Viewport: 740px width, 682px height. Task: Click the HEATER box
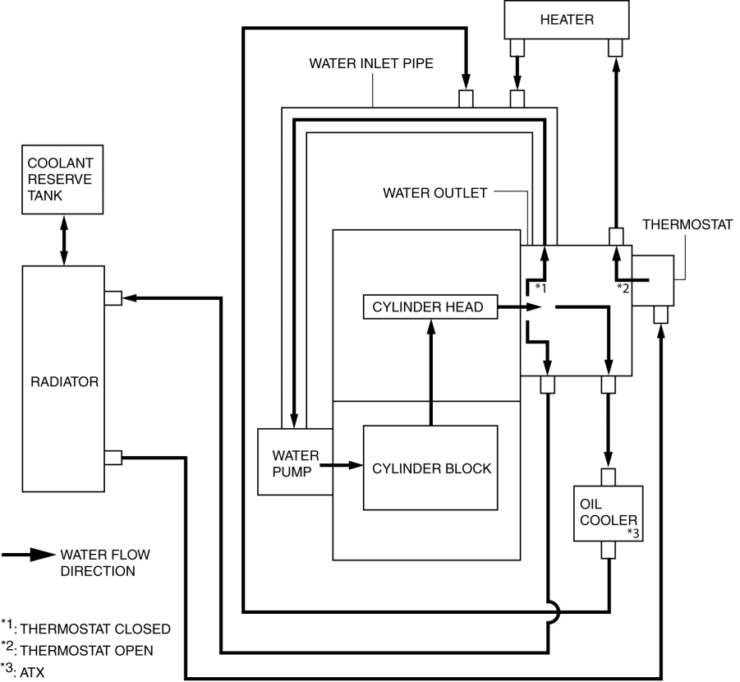pos(566,20)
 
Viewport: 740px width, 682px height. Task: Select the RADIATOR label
pos(62,381)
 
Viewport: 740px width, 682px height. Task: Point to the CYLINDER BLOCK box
pos(431,468)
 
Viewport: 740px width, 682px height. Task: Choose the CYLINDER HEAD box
pos(430,307)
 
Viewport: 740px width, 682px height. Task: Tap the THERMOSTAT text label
pos(687,224)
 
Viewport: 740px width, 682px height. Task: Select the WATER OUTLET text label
pos(434,193)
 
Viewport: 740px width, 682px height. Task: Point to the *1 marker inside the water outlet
pos(540,287)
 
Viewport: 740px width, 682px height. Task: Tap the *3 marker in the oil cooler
pos(633,533)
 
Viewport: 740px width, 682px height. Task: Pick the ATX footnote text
pos(35,670)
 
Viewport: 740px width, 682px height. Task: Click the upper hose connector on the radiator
pos(113,297)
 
